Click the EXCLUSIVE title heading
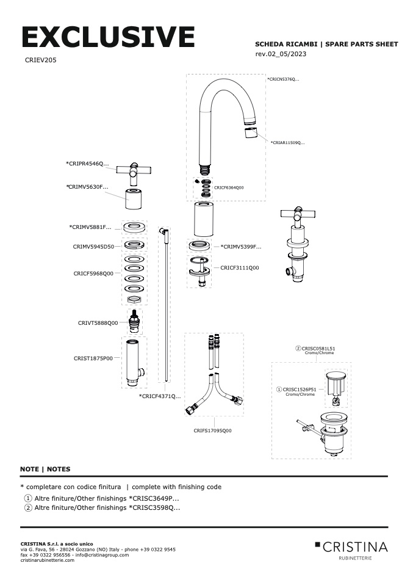(108, 37)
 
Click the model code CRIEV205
(41, 61)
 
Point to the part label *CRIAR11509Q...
(287, 142)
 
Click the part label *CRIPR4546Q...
(87, 164)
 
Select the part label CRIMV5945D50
(93, 246)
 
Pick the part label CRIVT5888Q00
(98, 323)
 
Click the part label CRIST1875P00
(93, 358)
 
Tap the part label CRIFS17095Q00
(213, 431)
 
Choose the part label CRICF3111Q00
(239, 267)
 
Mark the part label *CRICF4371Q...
(160, 396)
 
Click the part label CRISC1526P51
(299, 389)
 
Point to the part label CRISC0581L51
(317, 348)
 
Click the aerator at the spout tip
(250, 133)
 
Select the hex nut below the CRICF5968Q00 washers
(134, 299)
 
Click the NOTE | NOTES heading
(45, 469)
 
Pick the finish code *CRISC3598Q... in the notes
(154, 507)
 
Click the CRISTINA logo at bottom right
(351, 548)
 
